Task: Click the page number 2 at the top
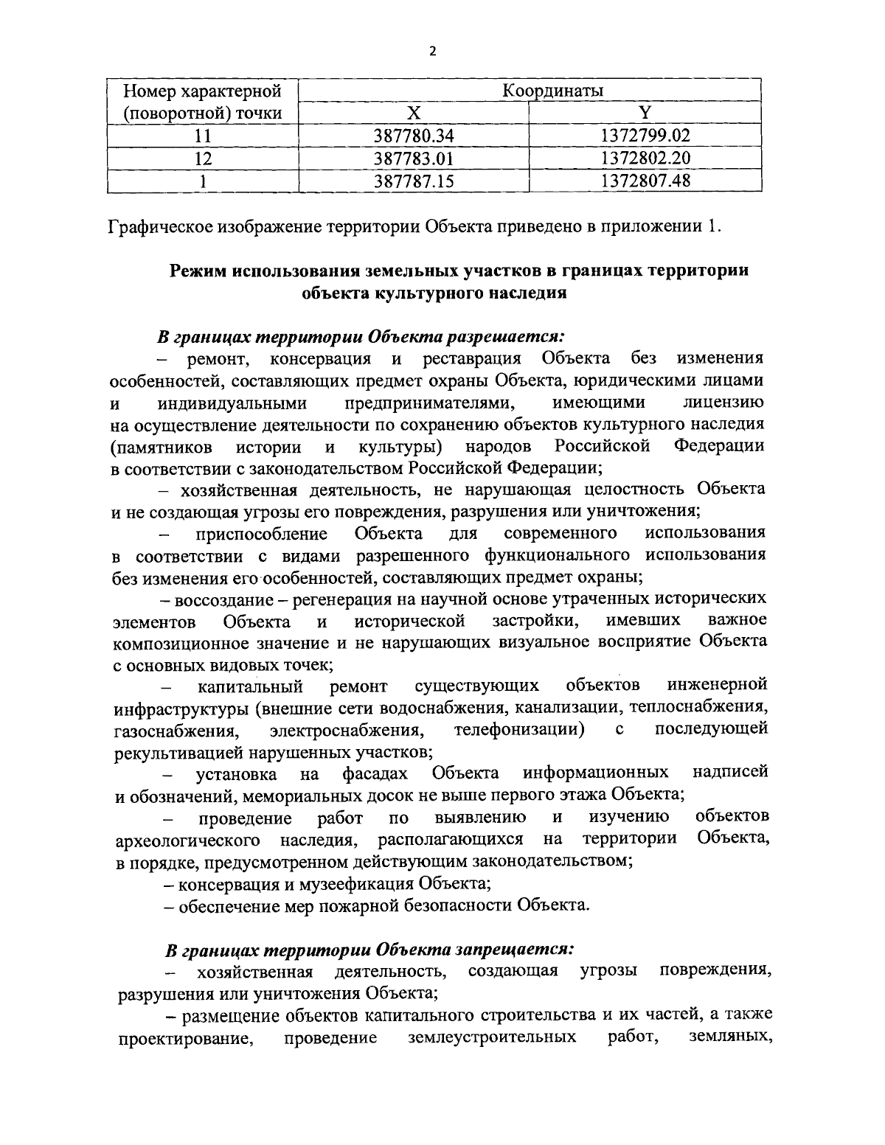[x=432, y=51]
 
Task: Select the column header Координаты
[x=552, y=91]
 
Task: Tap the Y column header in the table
[x=645, y=113]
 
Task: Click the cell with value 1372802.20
[x=645, y=158]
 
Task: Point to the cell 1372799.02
[x=645, y=136]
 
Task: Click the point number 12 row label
[x=202, y=158]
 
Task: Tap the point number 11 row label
[x=202, y=136]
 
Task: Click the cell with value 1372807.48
[x=645, y=180]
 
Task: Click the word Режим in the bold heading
[x=196, y=271]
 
